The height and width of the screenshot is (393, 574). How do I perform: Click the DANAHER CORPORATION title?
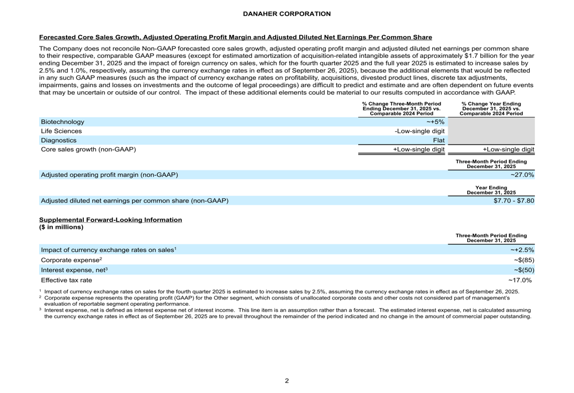click(286, 14)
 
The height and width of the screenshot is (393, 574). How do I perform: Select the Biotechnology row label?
click(63, 122)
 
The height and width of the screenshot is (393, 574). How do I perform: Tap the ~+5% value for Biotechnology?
click(435, 122)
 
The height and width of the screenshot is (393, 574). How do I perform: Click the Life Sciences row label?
click(61, 131)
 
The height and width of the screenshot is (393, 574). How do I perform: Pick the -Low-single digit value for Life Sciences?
click(420, 131)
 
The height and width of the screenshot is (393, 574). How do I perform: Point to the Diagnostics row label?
click(59, 140)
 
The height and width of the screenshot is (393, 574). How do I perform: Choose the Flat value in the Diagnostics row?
click(439, 140)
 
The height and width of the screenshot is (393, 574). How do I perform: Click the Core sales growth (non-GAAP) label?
click(88, 150)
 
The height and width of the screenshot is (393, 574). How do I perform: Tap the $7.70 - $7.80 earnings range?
click(514, 200)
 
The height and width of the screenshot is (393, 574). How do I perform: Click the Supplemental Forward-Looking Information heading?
click(110, 220)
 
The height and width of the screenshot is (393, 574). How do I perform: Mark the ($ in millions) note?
click(61, 227)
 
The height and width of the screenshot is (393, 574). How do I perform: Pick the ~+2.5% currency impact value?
click(522, 249)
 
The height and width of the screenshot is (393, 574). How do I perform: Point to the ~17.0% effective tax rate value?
click(521, 280)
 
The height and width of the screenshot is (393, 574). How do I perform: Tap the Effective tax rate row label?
click(66, 280)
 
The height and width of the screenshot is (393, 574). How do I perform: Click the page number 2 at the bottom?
click(287, 381)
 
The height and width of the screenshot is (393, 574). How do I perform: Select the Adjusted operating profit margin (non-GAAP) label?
click(109, 174)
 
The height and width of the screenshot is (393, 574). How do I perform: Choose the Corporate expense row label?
click(71, 259)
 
